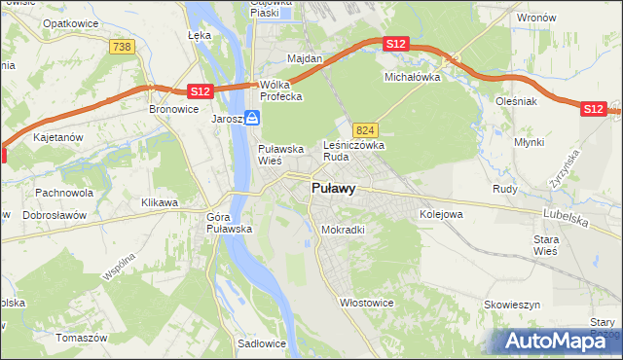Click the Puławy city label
pyautogui.click(x=333, y=189)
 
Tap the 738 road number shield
pyautogui.click(x=122, y=47)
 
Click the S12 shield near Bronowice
pyautogui.click(x=200, y=91)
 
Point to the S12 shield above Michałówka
pyautogui.click(x=395, y=45)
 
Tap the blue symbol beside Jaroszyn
pyautogui.click(x=252, y=118)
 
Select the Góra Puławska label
pyautogui.click(x=230, y=223)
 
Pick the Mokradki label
pyautogui.click(x=343, y=231)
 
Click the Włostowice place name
pyautogui.click(x=366, y=303)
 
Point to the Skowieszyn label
pyautogui.click(x=512, y=305)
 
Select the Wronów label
pyautogui.click(x=536, y=18)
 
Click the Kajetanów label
pyautogui.click(x=57, y=139)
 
